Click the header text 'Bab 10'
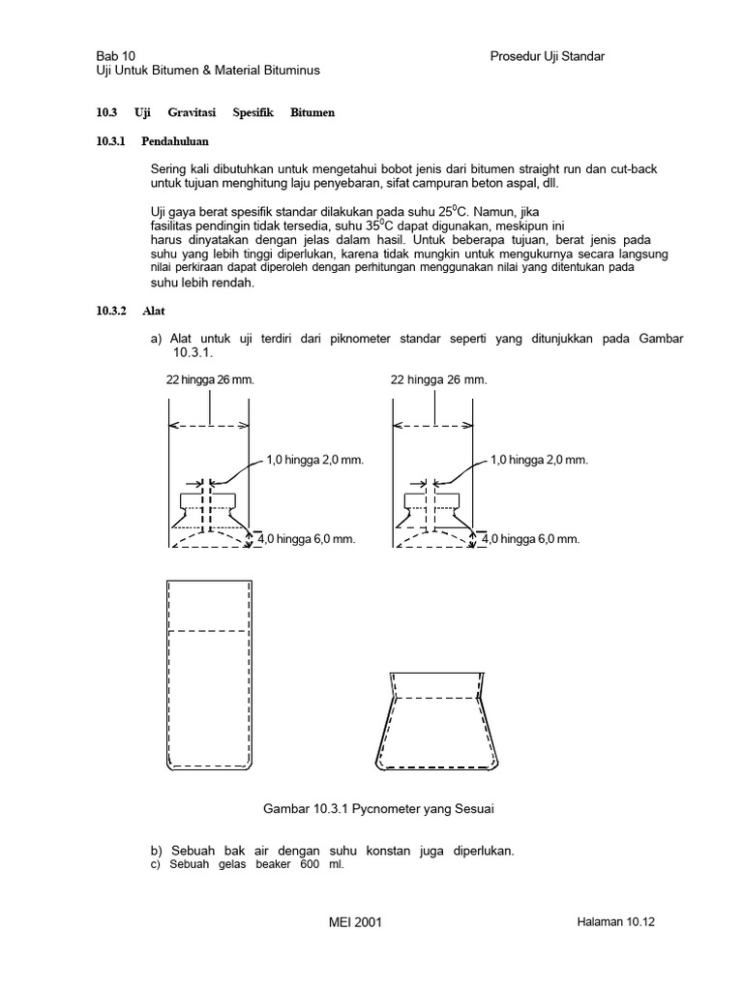click(115, 56)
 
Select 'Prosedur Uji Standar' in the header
click(548, 56)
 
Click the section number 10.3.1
click(112, 141)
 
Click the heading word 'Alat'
click(152, 311)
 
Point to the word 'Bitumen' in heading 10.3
click(312, 113)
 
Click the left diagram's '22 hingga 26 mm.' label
click(210, 379)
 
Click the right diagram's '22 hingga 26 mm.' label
click(439, 379)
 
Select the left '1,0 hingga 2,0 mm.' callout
click(314, 461)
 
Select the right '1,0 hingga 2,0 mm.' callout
click(539, 461)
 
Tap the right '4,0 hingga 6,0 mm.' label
click(531, 539)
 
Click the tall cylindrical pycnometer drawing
click(210, 673)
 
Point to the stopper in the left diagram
click(209, 508)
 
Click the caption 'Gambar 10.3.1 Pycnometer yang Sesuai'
click(371, 807)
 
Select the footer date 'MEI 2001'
click(355, 923)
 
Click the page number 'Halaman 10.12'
click(609, 923)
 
